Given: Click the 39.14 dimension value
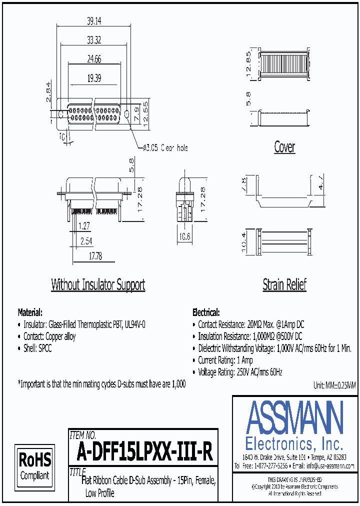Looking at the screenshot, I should click(93, 20).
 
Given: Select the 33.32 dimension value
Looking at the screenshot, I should click(93, 39).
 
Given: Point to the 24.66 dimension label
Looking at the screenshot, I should click(93, 59).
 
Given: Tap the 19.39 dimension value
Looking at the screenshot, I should click(93, 78).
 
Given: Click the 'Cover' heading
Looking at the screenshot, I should click(284, 147).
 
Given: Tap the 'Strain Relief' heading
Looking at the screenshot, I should click(284, 285).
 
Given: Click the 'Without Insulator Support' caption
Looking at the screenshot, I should click(98, 285).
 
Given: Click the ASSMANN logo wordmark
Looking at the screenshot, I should click(294, 417).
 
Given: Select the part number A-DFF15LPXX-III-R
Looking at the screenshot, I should click(145, 453).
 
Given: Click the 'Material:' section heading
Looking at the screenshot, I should click(30, 312).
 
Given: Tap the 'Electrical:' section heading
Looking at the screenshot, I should click(205, 312).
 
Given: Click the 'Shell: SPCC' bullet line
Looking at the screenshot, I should click(37, 348).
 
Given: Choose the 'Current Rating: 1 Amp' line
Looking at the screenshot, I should click(225, 360).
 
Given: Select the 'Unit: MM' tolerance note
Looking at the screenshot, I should click(334, 385).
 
